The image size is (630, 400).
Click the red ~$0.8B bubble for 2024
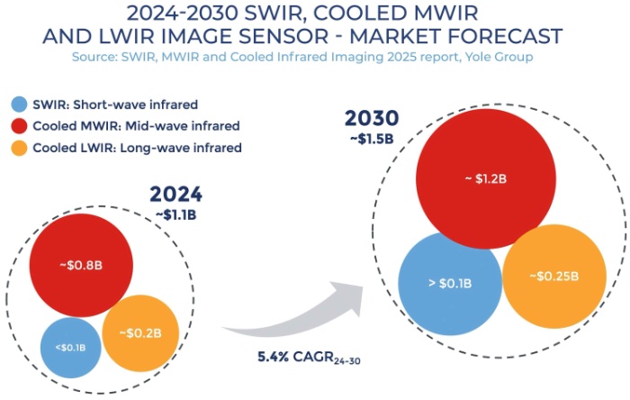(83, 265)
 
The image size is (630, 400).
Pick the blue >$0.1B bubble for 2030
(449, 284)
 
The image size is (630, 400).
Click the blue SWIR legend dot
(19, 104)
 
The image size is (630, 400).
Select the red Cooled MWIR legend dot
(19, 125)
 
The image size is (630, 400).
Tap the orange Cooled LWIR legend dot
(19, 147)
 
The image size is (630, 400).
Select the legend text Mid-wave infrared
(184, 125)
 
